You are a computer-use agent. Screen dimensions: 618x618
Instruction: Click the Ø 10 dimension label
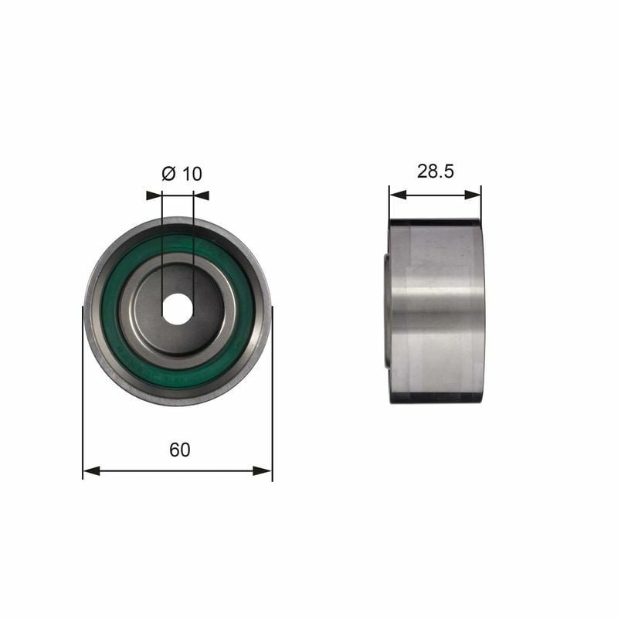pos(182,174)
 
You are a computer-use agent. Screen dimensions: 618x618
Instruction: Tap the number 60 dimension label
pos(180,450)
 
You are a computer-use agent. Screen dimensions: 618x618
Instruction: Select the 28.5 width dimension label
pos(436,171)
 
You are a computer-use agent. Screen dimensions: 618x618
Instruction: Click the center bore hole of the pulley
pos(178,310)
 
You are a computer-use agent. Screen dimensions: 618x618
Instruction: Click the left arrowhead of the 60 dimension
pos(91,470)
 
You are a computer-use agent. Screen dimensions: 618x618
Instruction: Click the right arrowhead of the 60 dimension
pos(263,470)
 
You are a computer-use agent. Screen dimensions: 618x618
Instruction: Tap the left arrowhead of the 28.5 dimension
pos(398,195)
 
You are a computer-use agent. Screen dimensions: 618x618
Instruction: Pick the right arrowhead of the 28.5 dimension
pos(473,195)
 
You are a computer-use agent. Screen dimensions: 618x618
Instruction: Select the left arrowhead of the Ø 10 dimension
pos(154,195)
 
